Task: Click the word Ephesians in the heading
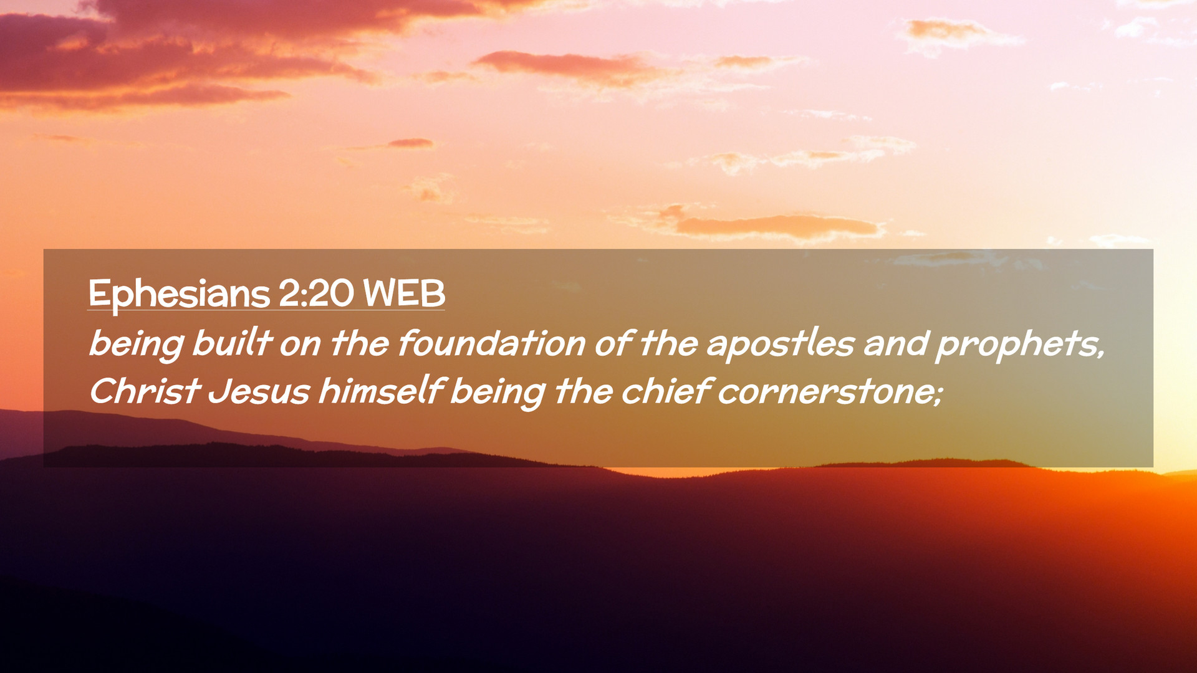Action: [x=179, y=294]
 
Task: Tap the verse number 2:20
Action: [x=316, y=293]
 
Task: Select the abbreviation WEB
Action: [x=404, y=293]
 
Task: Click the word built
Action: [x=232, y=343]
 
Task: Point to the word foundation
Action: [x=491, y=343]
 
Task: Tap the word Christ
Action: [x=145, y=391]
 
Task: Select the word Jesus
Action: [x=259, y=391]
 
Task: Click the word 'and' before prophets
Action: [x=895, y=343]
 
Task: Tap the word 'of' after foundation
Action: [x=613, y=343]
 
